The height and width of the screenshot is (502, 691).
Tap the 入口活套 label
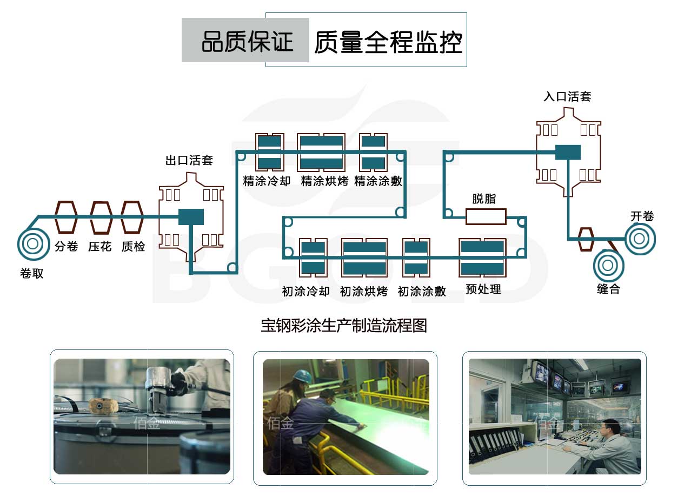[x=567, y=97]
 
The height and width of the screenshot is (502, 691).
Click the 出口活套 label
[x=189, y=160]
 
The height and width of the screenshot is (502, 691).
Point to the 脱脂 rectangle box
[x=486, y=217]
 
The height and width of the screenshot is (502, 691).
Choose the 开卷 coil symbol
[x=640, y=238]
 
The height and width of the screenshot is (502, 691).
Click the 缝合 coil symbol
[x=608, y=265]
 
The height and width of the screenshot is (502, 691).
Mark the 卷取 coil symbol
[x=32, y=245]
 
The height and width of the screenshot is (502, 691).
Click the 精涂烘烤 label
[x=324, y=181]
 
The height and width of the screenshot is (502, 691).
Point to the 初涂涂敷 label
[x=422, y=292]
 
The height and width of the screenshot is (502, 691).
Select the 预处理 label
[x=483, y=289]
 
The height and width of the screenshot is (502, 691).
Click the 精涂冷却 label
[x=267, y=181]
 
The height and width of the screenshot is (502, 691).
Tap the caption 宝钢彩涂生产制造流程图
[x=344, y=326]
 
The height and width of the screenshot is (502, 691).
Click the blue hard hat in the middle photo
[x=302, y=375]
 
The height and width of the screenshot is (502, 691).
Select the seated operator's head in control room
[x=609, y=428]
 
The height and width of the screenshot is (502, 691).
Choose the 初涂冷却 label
[x=305, y=292]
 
